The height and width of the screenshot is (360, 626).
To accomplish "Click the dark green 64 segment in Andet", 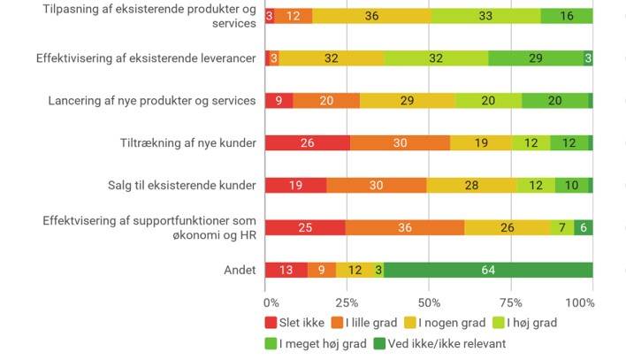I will coord(488,270).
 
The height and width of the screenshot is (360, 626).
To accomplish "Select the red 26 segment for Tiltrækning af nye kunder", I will coord(307,143).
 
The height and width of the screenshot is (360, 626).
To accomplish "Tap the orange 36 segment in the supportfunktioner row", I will coord(404,227).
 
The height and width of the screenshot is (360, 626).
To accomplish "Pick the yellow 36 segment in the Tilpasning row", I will coord(371,16).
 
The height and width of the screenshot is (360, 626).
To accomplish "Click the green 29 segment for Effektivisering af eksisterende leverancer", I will coord(535,58).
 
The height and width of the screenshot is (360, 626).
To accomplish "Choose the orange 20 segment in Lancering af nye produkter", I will coord(326,101).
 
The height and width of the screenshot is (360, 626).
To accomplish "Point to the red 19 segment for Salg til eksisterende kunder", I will coord(295,185).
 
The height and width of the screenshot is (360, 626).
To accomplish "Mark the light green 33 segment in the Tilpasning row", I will coord(485,16).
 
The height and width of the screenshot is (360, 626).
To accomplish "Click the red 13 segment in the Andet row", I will coord(286,270).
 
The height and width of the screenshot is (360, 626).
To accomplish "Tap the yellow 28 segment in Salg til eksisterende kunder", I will coord(472,185).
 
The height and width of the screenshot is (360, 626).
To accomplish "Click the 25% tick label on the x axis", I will coord(347,303).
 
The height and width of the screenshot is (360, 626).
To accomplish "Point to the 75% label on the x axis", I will coord(511,303).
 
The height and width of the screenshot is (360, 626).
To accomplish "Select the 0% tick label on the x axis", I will coord(271,303).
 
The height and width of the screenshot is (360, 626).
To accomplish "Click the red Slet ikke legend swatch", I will coord(271,323).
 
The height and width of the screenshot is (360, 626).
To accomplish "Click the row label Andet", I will coord(240,270).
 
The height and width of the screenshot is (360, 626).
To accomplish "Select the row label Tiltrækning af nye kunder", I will coord(187,143).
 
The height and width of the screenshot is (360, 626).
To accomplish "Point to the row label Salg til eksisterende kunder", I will coord(180,185).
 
